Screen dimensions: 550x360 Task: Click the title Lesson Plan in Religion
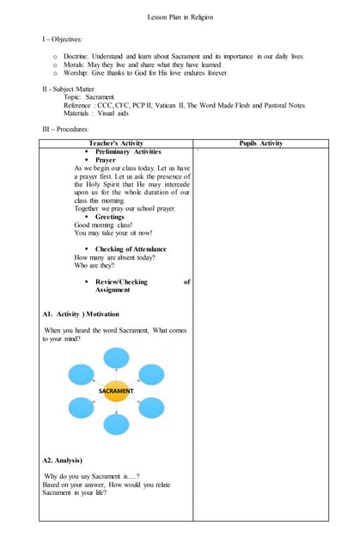[180, 17]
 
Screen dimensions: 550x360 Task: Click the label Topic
[72, 98]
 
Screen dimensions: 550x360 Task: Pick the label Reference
[78, 106]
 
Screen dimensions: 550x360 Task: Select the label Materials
[77, 113]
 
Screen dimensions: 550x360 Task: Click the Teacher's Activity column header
[116, 144]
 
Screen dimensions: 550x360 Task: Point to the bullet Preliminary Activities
[128, 151]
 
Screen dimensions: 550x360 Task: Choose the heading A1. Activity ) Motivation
[82, 315]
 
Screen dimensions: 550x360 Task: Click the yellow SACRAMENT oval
[116, 391]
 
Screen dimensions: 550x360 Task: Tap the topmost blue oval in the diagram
[116, 358]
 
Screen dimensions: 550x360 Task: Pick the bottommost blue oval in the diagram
[116, 424]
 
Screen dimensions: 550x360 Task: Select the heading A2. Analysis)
[63, 461]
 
